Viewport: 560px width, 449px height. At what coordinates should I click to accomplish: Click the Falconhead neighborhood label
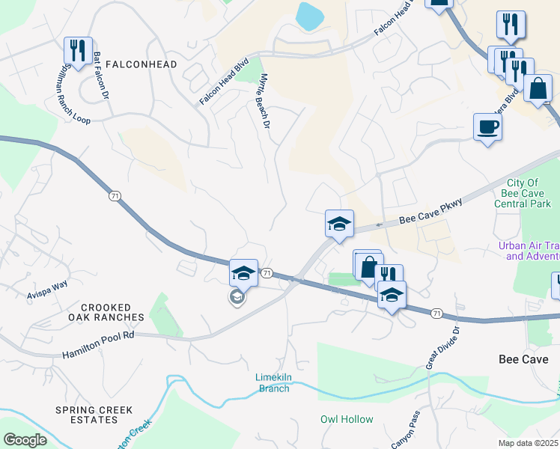[141, 64]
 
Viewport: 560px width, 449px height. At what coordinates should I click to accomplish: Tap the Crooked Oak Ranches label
[106, 312]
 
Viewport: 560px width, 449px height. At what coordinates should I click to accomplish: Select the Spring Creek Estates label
[94, 415]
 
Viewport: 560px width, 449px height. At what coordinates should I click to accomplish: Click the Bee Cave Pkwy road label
[427, 218]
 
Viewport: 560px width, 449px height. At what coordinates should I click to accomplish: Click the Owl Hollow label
[347, 419]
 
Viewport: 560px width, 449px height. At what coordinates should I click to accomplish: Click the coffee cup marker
[487, 126]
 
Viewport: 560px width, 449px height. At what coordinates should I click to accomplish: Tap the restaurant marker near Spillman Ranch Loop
[78, 50]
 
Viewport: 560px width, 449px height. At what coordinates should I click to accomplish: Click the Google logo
[25, 440]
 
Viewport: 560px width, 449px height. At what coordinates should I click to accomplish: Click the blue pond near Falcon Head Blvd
[308, 15]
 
